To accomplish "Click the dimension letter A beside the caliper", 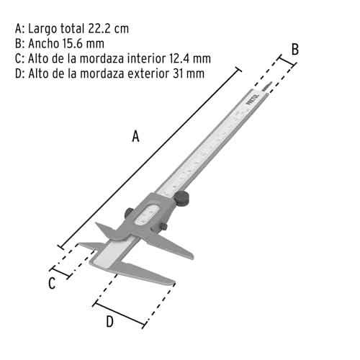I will tap(135, 136).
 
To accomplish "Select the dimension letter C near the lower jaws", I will tap(52, 283).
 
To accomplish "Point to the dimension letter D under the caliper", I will tap(109, 322).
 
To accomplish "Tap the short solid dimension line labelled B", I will tap(284, 66).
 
